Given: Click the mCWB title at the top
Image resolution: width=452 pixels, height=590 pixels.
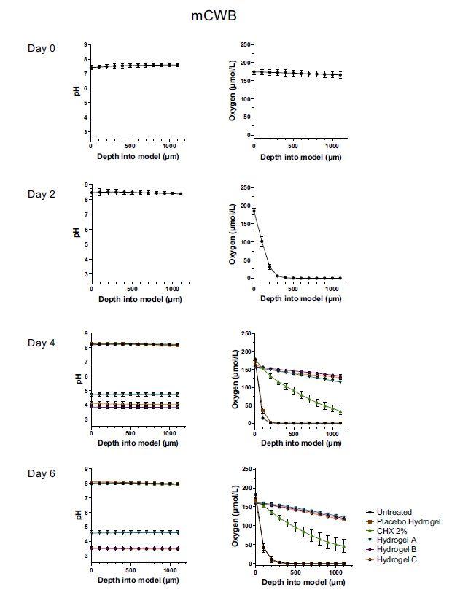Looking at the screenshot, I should pos(226,15).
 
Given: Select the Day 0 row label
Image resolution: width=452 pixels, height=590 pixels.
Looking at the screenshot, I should pos(42,49).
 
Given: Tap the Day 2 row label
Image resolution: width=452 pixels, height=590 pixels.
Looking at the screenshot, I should pos(42,194).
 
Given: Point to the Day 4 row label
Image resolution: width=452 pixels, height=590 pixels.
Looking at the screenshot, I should pos(42,343).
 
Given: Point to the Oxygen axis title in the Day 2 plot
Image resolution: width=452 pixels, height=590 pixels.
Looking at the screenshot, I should pos(233,230).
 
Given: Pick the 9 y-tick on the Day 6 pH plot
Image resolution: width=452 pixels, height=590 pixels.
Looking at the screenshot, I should pos(86,469).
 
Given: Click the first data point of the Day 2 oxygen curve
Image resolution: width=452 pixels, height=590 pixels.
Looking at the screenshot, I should pos(254,212).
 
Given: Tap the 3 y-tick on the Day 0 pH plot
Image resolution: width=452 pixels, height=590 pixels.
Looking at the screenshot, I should pos(86,132).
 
